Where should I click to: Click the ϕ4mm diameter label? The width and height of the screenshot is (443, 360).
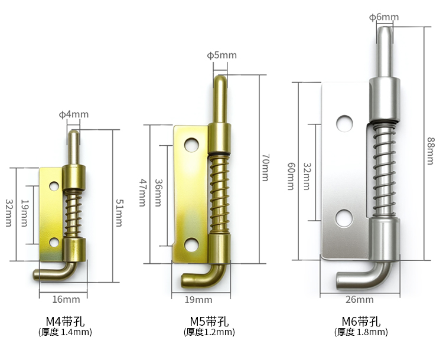click(x=74, y=114)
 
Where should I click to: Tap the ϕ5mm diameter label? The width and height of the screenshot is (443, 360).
click(x=221, y=55)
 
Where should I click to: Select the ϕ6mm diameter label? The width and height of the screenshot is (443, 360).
click(x=383, y=17)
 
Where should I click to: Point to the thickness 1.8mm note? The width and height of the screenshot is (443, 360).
click(x=361, y=332)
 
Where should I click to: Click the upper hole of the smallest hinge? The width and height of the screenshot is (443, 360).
click(x=54, y=186)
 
